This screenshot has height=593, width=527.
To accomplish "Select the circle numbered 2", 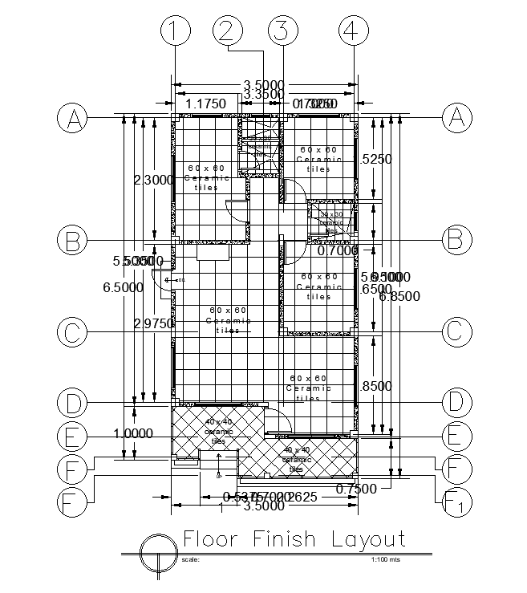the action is coord(227,31).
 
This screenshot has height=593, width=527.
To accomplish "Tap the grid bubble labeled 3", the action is coord(282,31).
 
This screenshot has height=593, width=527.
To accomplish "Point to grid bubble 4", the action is coord(350,31).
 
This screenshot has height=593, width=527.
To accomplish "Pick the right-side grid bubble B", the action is coord(456,239).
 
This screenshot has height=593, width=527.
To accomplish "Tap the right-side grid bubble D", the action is coord(456,401).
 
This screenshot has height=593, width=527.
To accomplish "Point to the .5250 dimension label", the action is coord(375,159).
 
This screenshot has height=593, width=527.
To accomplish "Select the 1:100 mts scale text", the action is coord(386,559).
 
